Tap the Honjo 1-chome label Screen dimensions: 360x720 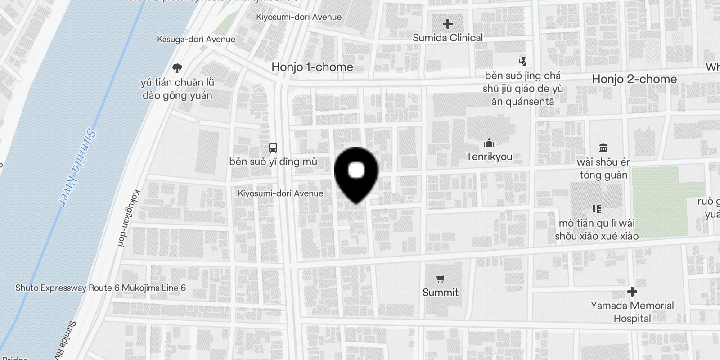tap(312, 67)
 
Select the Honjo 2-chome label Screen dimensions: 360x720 tap(634, 79)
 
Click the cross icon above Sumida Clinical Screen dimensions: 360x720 tap(447, 24)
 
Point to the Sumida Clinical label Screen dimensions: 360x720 tap(447, 38)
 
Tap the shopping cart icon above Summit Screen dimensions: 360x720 tap(440, 279)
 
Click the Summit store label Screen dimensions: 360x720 tap(440, 292)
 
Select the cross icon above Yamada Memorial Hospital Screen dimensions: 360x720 tap(632, 292)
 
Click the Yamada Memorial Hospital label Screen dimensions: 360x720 tap(632, 312)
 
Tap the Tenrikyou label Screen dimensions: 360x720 tap(489, 157)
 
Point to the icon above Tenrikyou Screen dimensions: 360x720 tap(489, 143)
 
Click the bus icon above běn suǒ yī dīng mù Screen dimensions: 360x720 tap(273, 148)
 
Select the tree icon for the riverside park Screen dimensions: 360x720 tap(177, 68)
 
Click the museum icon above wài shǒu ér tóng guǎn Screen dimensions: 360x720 tap(603, 148)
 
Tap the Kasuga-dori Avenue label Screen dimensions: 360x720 tap(196, 40)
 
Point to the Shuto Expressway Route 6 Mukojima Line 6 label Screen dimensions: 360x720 tap(100, 288)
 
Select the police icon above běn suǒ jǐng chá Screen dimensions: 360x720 tap(522, 61)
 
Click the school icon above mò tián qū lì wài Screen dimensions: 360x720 tap(596, 209)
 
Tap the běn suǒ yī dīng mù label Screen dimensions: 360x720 tap(273, 162)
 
